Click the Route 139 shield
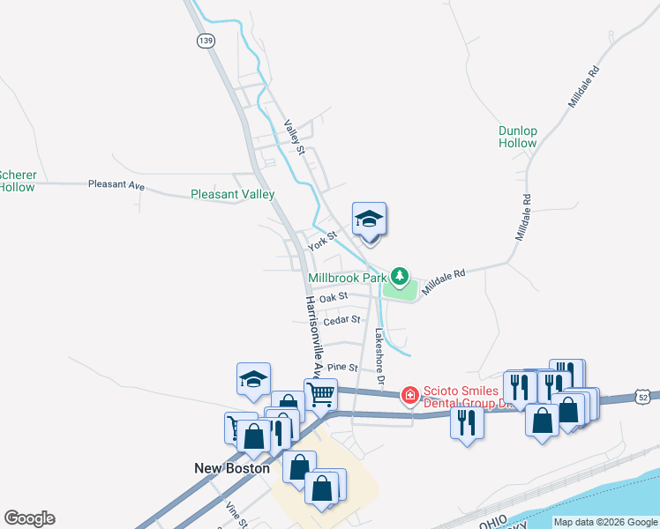tap(206, 41)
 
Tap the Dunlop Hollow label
tap(517, 137)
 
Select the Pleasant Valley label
tap(233, 194)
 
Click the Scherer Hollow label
tap(16, 181)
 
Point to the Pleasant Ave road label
tap(116, 185)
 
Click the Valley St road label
tap(295, 137)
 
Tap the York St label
tap(323, 240)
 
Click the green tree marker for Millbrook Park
tap(400, 277)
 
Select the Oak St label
tap(334, 298)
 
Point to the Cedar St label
tap(342, 321)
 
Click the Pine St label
tap(342, 367)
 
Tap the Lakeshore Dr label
tap(379, 357)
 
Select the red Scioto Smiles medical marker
tap(409, 396)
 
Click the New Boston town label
tap(232, 468)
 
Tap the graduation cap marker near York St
tap(369, 220)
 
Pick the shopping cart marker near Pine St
tap(320, 392)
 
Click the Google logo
tap(29, 518)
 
